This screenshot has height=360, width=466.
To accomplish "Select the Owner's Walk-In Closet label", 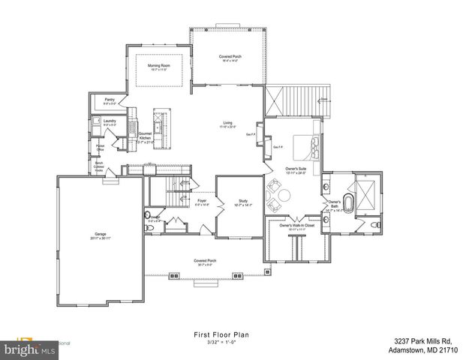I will coord(296,226).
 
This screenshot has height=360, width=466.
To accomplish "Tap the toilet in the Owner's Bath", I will coord(376,225).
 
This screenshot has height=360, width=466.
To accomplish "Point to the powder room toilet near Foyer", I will coord(147,220).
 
